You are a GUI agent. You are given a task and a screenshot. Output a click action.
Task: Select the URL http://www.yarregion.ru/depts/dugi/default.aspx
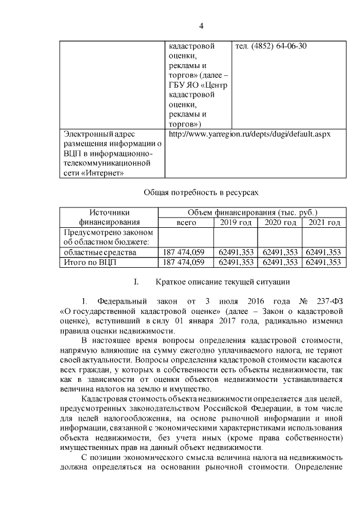click(249, 134)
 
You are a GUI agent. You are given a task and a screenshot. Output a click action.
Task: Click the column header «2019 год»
click(235, 223)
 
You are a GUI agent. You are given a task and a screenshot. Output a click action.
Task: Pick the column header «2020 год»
click(280, 223)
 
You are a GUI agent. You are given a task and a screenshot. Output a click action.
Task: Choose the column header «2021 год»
click(323, 223)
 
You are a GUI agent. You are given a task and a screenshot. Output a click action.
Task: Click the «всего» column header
click(186, 223)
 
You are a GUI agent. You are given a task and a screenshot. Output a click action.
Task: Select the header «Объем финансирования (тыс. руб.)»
click(251, 213)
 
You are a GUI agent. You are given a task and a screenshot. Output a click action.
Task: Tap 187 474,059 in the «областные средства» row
click(186, 253)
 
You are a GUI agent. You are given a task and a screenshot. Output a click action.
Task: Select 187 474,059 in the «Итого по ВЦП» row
click(186, 262)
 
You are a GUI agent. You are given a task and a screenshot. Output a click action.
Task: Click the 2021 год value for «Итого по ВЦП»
click(323, 262)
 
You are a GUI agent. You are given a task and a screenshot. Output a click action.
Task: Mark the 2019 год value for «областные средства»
click(235, 253)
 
